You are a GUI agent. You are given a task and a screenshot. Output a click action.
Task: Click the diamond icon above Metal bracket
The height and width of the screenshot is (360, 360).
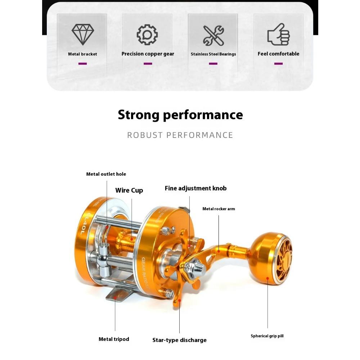point(83,34)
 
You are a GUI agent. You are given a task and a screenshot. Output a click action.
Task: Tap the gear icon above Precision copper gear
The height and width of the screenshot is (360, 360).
point(148,35)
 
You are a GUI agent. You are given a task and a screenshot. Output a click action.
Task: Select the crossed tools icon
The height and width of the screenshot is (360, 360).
point(213,35)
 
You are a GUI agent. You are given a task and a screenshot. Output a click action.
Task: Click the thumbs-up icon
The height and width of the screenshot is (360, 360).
point(278,35)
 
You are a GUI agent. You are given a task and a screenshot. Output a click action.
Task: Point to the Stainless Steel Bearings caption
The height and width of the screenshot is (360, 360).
point(213,54)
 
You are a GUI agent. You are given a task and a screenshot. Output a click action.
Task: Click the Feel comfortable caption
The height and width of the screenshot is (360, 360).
point(278,54)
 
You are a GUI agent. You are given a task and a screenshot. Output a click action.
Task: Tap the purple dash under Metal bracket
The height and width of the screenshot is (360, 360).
point(82,64)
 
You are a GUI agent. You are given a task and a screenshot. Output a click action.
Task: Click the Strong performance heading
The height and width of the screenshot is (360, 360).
point(180,115)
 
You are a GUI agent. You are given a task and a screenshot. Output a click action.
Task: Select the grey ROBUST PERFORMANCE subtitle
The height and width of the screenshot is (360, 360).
point(180,135)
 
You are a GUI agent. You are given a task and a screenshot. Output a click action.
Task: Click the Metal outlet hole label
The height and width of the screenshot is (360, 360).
point(106,174)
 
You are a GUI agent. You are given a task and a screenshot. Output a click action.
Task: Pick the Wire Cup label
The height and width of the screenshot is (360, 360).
point(129,190)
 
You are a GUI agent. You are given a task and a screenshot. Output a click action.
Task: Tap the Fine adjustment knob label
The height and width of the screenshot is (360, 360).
point(195,188)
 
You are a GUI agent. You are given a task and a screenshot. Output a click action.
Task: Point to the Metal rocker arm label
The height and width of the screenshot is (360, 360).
point(219,209)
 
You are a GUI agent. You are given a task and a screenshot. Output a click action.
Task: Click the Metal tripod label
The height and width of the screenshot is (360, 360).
point(114,339)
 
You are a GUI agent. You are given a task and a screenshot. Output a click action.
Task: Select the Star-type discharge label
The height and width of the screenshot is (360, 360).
point(179,340)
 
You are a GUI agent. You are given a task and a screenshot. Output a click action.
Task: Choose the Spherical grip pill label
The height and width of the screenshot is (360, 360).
point(267,336)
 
